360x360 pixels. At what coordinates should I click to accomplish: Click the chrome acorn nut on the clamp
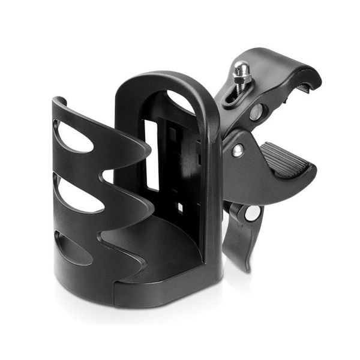pyautogui.click(x=242, y=71)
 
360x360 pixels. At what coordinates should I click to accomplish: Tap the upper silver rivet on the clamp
pyautogui.click(x=256, y=112)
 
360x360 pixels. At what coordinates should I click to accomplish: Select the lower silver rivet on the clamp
pyautogui.click(x=238, y=149)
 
